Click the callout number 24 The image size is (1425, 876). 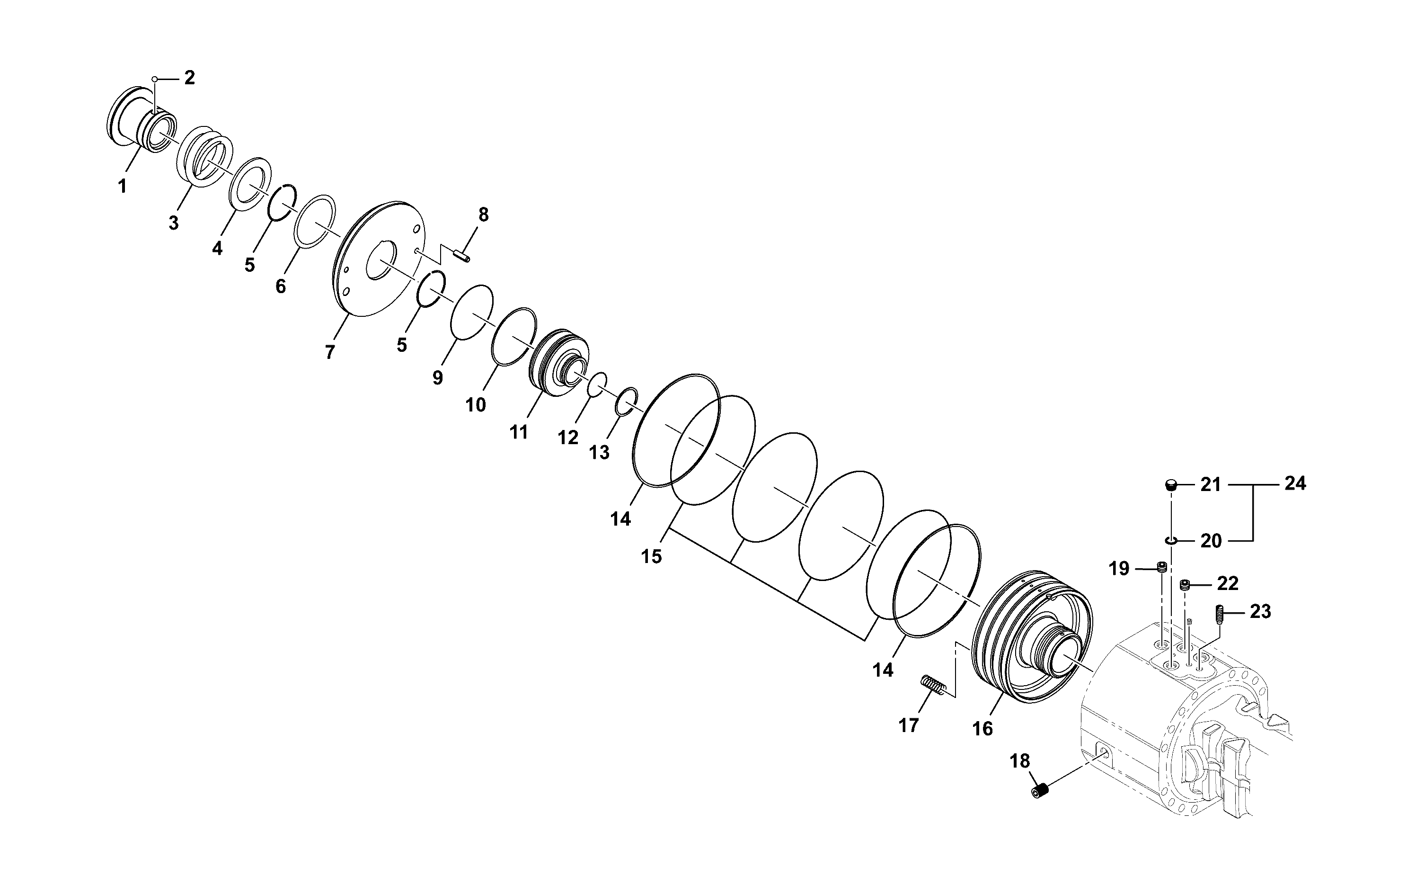[1295, 483]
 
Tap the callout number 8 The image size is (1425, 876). [484, 215]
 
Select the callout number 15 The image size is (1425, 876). [651, 557]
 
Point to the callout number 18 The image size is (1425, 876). [1020, 761]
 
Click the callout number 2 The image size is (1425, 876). [189, 78]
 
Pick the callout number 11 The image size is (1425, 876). [519, 432]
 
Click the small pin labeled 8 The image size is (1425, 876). [461, 254]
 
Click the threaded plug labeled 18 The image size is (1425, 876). [1041, 790]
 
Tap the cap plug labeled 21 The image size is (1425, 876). [1171, 484]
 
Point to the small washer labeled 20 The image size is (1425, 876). [1171, 541]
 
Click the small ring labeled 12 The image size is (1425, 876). [597, 384]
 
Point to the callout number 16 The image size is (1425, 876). [982, 728]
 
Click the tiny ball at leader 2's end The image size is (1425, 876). [155, 79]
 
